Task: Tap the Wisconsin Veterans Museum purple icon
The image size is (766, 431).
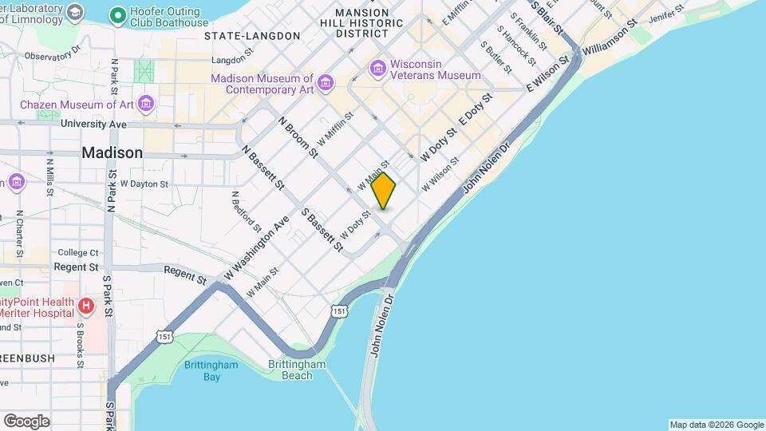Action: [377, 69]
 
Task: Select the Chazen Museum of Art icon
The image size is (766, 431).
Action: [145, 104]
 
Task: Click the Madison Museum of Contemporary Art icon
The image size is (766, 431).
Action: [325, 83]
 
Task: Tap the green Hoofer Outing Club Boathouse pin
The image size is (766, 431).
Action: [117, 14]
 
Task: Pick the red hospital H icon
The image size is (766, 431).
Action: [87, 305]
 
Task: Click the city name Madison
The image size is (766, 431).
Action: [113, 152]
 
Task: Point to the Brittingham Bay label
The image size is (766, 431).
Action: [201, 370]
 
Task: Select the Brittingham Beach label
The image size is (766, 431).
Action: [297, 370]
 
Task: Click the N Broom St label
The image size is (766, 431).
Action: [298, 136]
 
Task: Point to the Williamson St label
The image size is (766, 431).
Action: [609, 38]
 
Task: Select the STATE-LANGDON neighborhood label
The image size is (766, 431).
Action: [252, 36]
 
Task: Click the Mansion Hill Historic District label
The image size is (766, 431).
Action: [361, 23]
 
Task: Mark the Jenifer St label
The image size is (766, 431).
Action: [667, 16]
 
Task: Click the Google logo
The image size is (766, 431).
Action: [26, 421]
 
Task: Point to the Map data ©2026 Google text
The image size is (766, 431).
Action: [716, 425]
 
